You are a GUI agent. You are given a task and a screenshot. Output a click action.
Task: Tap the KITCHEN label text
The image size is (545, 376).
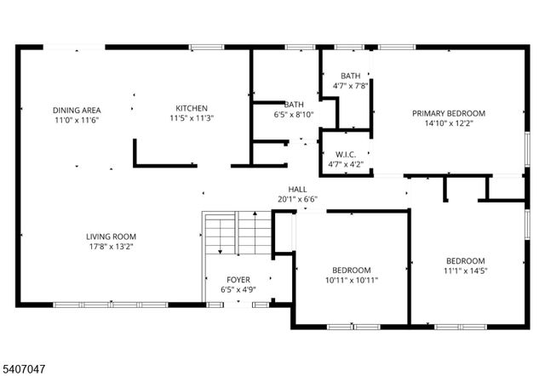tap(192, 108)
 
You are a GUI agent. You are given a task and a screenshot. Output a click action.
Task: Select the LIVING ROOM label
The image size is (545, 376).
tap(111, 236)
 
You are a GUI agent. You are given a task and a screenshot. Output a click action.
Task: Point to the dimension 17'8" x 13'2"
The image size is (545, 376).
tap(111, 247)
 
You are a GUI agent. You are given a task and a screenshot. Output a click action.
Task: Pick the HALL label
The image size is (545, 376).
tap(297, 190)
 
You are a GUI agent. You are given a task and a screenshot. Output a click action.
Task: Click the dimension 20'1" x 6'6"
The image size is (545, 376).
tap(297, 200)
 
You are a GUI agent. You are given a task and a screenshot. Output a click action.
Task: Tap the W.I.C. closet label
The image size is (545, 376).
tap(346, 154)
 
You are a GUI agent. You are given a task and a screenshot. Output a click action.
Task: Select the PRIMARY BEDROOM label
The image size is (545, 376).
tap(449, 113)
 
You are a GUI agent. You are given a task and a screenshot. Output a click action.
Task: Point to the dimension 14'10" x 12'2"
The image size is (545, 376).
tap(449, 123)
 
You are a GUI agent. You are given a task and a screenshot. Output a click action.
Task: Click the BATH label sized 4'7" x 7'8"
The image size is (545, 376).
tap(350, 76)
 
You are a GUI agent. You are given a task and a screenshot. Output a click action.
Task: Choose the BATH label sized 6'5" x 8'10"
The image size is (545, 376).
tap(294, 105)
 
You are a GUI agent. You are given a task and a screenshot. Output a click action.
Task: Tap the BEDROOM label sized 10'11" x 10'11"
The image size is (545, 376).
tap(351, 270)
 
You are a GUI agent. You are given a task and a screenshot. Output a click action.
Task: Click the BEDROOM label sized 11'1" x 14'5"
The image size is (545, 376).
tap(466, 261)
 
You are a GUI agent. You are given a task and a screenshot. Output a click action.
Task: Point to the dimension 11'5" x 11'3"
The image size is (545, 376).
tap(192, 118)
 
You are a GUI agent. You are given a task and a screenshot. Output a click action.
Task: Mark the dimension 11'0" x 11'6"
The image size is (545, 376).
tap(77, 121)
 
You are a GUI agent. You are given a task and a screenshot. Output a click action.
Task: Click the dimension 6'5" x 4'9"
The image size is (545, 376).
tap(238, 290)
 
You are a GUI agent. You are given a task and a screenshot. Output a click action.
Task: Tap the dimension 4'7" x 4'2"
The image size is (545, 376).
tap(346, 164)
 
